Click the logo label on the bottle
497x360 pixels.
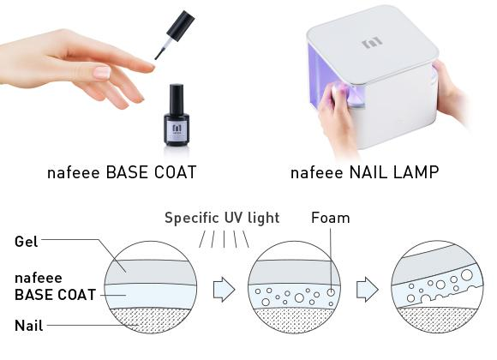tap(177, 131)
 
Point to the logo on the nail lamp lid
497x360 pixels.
tap(372, 42)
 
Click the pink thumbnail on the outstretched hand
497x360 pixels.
tap(102, 72)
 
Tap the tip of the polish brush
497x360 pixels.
tap(156, 57)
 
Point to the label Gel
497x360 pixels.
tap(27, 242)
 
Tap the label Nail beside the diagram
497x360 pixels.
tap(29, 326)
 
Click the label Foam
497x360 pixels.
tap(331, 218)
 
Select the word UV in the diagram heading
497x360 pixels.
tap(234, 218)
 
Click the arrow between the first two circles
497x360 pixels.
tap(225, 289)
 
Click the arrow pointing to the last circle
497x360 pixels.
tap(368, 289)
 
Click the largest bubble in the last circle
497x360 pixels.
tap(466, 274)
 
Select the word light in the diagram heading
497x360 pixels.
tap(264, 219)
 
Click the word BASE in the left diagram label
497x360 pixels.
tap(32, 295)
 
